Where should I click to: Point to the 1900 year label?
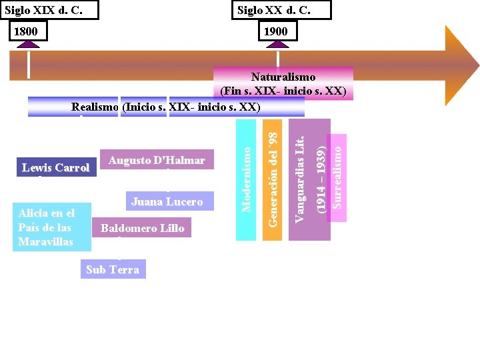coord(275,31)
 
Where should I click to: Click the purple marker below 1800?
coord(29,45)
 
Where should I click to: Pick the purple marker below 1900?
coord(277,45)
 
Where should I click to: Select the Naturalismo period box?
coord(283,83)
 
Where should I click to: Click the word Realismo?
coord(95,107)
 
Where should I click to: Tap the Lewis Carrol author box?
coord(55,167)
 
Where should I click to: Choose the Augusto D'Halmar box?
coord(157,160)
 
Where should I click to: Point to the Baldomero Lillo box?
coord(142,228)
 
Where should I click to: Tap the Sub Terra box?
coord(113,269)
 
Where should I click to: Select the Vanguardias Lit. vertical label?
coord(301,179)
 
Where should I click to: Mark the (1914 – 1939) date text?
coord(321,179)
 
